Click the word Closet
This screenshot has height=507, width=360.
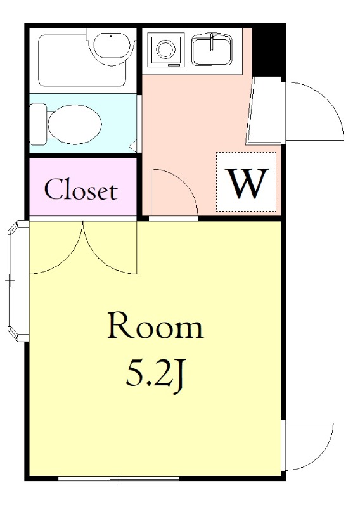point(81,189)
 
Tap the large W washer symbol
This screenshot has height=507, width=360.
point(247,183)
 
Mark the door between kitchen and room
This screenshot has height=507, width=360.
point(174,193)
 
